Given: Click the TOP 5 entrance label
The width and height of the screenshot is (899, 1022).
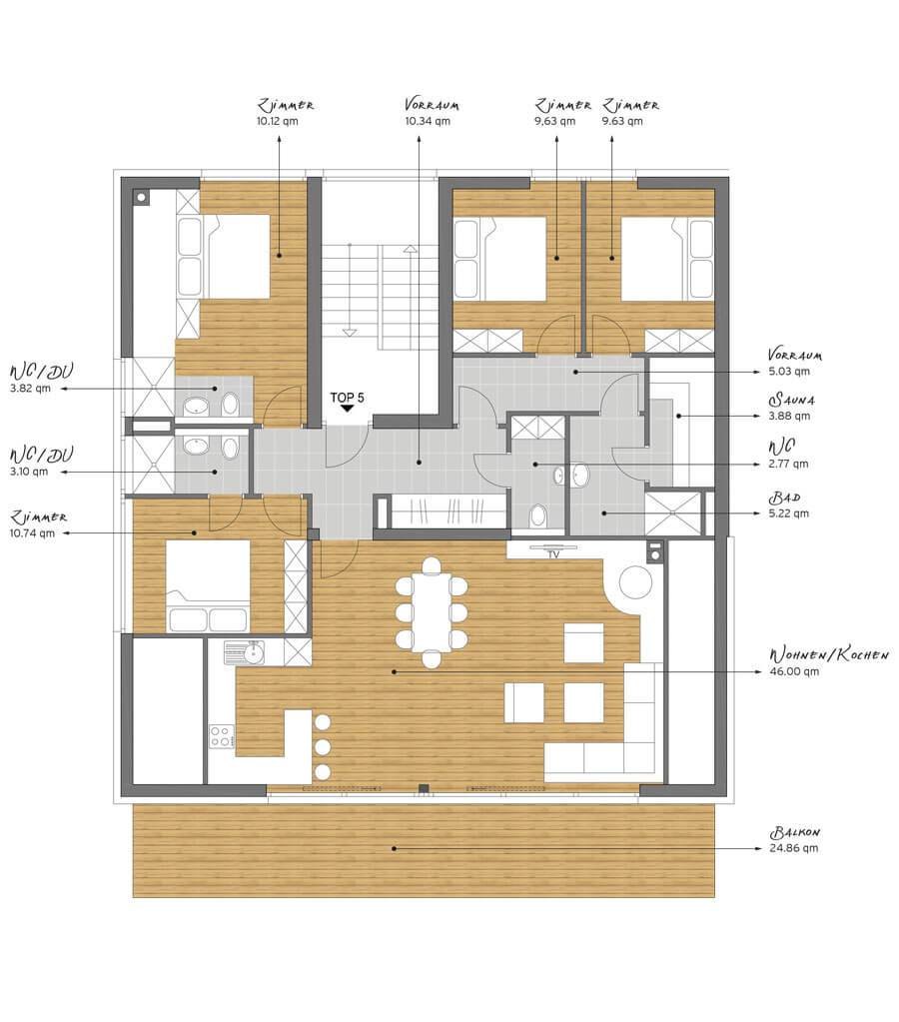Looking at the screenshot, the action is click(347, 398).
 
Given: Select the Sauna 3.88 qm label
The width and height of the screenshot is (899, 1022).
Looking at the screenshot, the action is click(791, 408).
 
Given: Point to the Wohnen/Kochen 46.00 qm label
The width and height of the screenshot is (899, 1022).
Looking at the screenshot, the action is click(828, 662).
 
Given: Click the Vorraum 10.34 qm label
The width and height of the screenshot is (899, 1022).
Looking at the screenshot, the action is click(431, 112).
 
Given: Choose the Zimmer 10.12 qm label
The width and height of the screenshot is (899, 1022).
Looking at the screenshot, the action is click(285, 112).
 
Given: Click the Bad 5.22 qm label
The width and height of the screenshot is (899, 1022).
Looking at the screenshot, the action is click(788, 506).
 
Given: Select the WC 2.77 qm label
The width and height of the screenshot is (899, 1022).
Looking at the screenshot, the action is click(787, 455).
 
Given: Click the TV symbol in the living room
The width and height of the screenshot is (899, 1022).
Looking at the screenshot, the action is click(552, 551).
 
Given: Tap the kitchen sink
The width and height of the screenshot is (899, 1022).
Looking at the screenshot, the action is click(245, 651).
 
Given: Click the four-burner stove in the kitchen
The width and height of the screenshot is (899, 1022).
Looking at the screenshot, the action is click(222, 736).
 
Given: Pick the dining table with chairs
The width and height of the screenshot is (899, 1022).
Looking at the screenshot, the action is click(431, 612).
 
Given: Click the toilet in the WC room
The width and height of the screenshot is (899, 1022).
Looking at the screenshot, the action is click(537, 516).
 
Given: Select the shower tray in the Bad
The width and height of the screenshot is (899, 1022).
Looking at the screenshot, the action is click(673, 513).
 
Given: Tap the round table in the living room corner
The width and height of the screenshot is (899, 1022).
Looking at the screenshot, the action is click(635, 582).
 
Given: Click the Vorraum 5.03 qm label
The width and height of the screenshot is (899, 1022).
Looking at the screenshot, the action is click(794, 363).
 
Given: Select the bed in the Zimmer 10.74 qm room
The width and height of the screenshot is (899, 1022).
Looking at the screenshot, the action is click(208, 585).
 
